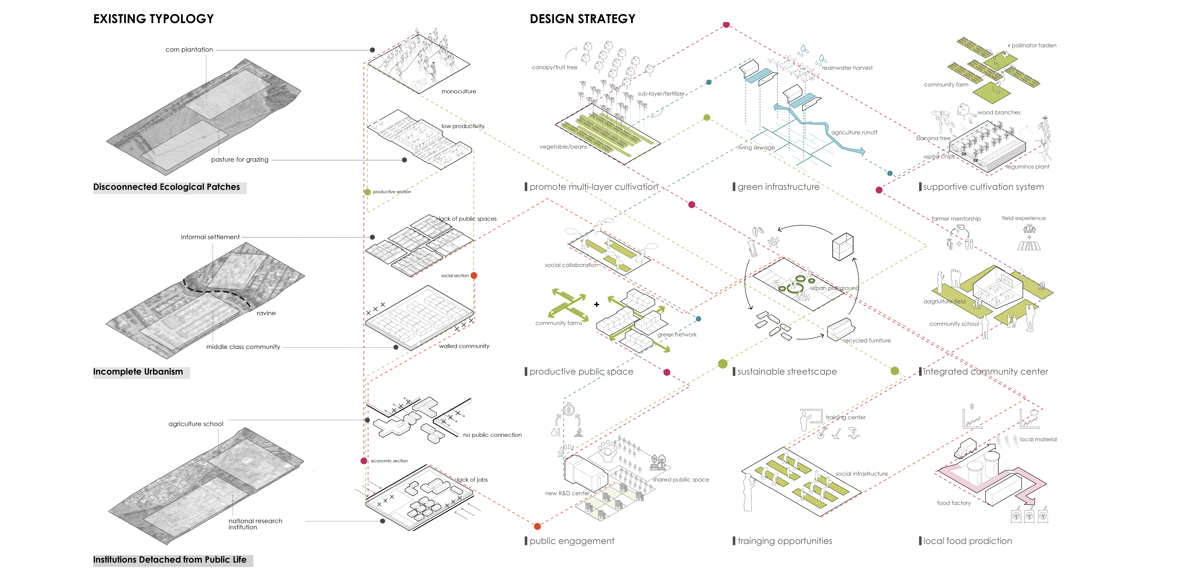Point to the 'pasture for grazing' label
(x=240, y=159)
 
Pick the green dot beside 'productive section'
(x=367, y=192)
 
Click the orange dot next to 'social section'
(x=474, y=275)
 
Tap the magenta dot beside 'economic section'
(x=364, y=461)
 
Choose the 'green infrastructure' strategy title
(x=778, y=187)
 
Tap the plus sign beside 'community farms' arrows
(x=596, y=304)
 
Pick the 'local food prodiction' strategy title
(x=967, y=541)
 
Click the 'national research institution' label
(x=255, y=524)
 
